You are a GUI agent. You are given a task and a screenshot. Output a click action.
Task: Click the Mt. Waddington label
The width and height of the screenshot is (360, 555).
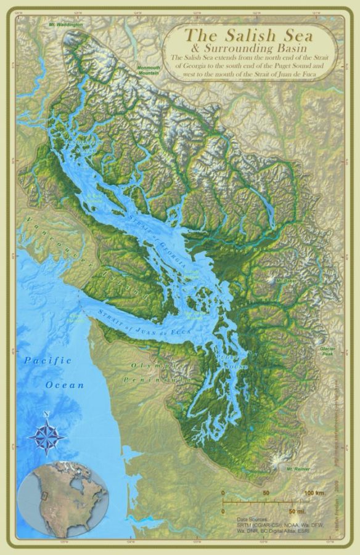(x=65, y=25)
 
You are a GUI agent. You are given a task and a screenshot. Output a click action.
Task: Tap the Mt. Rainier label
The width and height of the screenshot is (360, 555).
(x=297, y=469)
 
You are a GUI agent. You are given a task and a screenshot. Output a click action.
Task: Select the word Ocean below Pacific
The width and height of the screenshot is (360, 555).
(x=63, y=385)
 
